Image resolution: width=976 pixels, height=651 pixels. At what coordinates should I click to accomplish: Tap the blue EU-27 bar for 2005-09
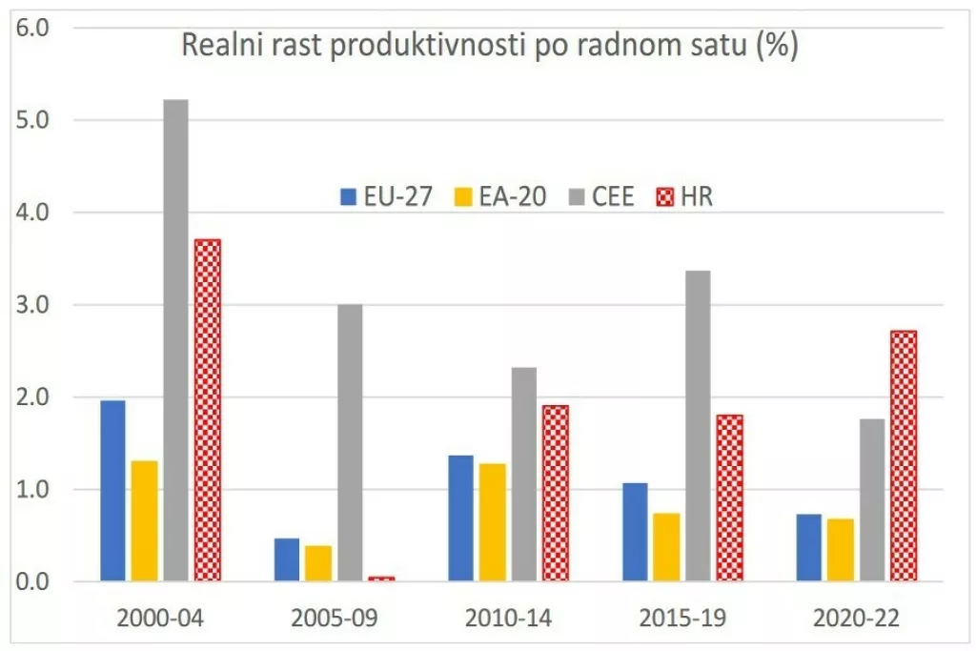[x=287, y=559]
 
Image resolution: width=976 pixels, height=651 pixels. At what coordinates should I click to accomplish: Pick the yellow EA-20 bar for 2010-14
[x=493, y=522]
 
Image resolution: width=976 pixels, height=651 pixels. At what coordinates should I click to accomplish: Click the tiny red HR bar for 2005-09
[x=381, y=579]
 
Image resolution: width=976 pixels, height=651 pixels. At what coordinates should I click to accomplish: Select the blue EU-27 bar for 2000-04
[x=112, y=490]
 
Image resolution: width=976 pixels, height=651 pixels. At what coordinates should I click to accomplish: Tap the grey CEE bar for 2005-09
[x=349, y=442]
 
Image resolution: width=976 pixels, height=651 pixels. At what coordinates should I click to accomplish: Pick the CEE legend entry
[x=599, y=197]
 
